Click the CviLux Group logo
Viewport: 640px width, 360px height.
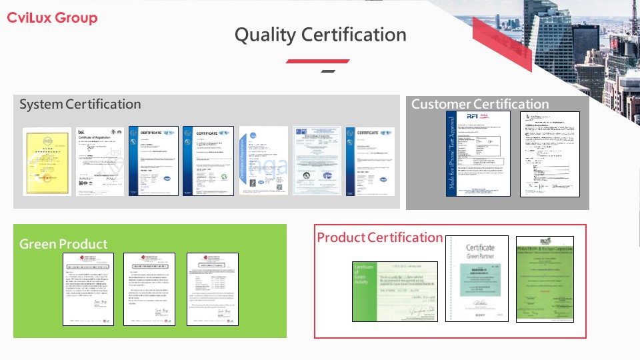click(52, 18)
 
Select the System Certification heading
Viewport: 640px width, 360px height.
click(80, 105)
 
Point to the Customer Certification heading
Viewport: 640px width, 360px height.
click(480, 104)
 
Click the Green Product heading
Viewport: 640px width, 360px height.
click(63, 244)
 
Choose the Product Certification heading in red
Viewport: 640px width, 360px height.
click(379, 237)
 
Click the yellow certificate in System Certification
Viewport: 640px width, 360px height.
click(47, 161)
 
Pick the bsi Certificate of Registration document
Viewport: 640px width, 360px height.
click(99, 161)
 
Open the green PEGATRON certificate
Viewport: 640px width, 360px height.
click(545, 279)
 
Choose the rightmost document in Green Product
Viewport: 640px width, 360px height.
click(211, 289)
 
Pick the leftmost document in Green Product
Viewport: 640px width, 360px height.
click(88, 289)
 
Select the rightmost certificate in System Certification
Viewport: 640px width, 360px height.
click(370, 161)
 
